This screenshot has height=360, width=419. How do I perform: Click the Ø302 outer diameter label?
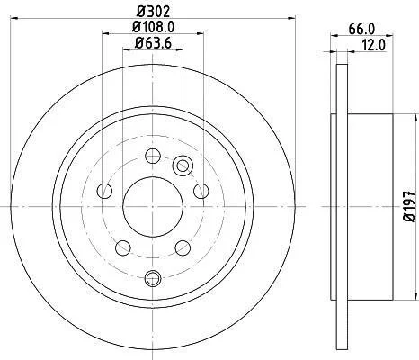pos(153,12)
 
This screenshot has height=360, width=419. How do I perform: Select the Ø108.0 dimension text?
pos(153,27)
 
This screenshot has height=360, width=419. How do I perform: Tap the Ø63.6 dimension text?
pos(153,43)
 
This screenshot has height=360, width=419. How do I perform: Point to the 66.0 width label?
pos(361,29)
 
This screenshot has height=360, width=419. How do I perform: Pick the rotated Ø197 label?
pos(409,206)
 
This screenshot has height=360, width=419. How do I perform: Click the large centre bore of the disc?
pos(153,207)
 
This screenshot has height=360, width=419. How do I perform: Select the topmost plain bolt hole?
pos(153,156)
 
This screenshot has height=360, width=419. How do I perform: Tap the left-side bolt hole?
pos(105,191)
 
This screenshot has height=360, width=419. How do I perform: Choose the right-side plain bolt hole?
pos(201,191)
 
